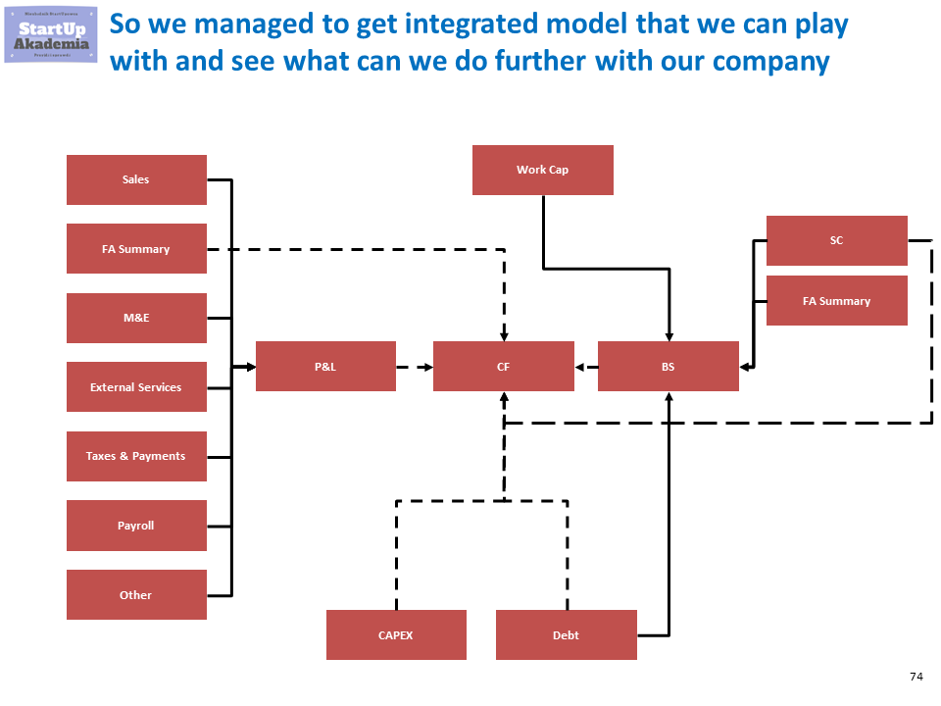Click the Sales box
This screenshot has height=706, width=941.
point(136,179)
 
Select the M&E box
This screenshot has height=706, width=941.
point(136,318)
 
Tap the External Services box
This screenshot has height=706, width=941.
point(136,387)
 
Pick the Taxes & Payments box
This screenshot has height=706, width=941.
point(136,456)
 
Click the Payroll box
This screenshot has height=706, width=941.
point(136,526)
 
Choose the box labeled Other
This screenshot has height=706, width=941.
point(136,594)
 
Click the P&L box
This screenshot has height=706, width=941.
point(325,367)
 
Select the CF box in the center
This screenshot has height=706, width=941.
point(503,367)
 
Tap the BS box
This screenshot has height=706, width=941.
point(668,367)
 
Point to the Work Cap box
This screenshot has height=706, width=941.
point(542,170)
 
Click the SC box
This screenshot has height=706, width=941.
point(836,240)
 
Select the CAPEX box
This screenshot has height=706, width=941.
point(395,635)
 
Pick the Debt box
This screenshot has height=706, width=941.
point(566,635)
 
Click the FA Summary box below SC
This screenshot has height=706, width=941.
point(836,301)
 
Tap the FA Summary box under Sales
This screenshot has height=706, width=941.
point(136,249)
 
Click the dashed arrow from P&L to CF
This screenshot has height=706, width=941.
point(415,367)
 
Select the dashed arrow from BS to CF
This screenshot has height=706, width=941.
point(586,367)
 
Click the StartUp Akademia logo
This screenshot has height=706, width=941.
point(53,35)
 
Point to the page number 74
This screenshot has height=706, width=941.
point(916,677)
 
